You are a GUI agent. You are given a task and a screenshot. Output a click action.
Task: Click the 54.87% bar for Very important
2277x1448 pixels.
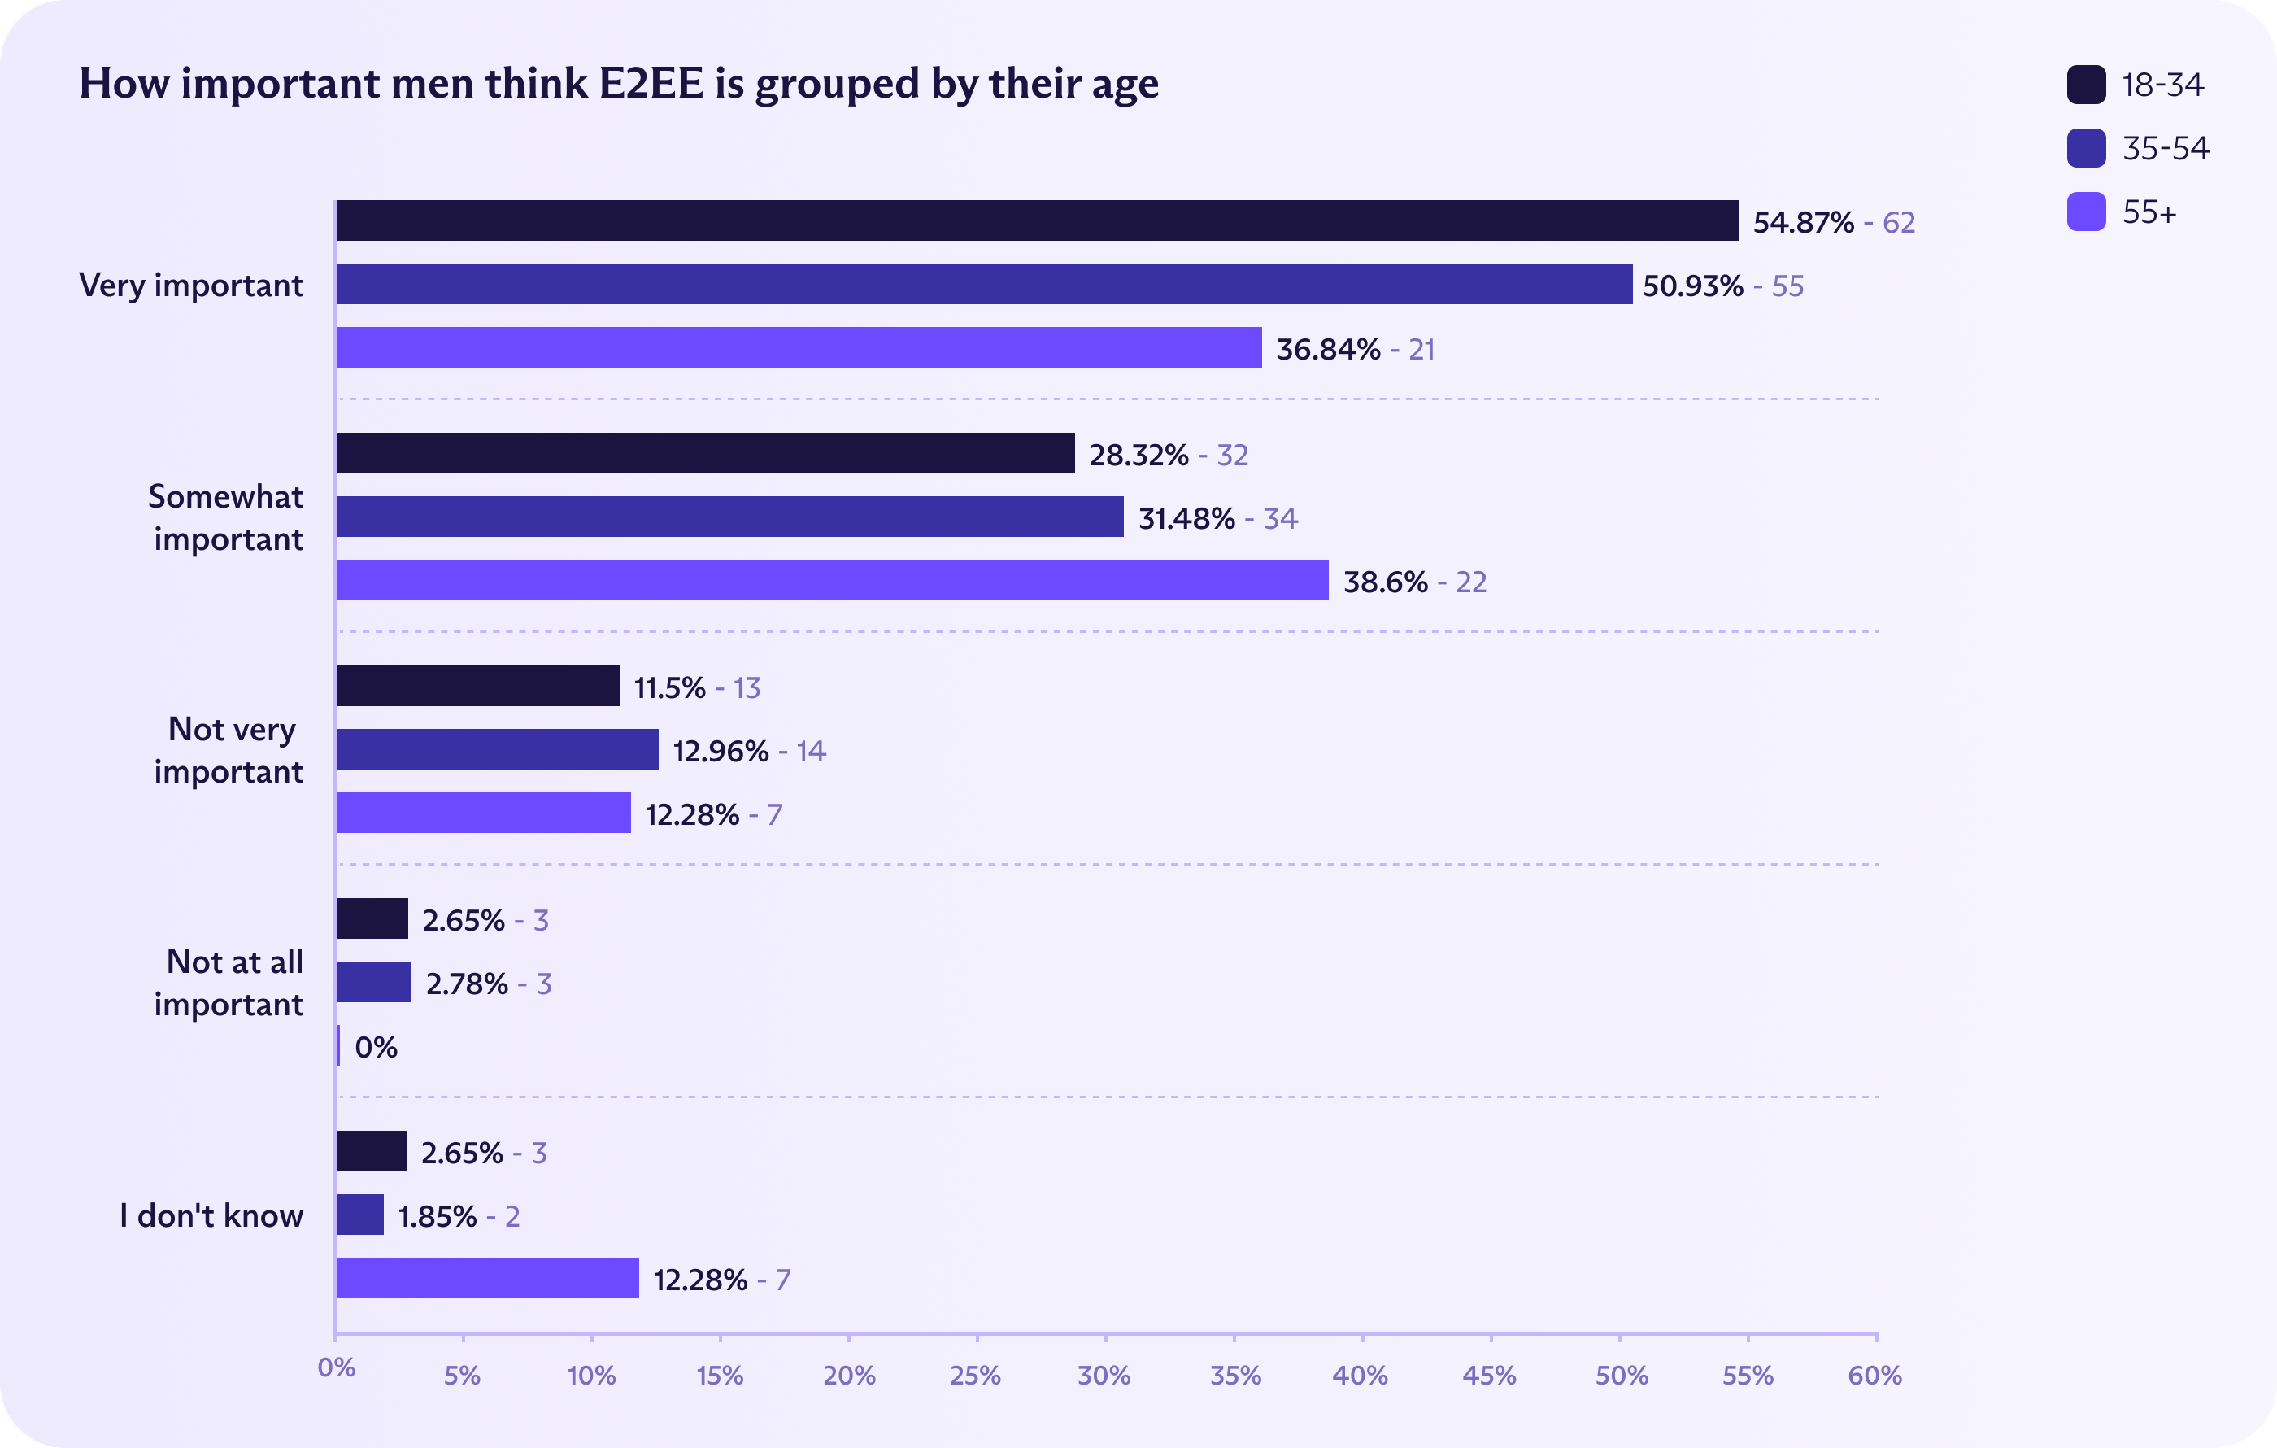pos(1036,220)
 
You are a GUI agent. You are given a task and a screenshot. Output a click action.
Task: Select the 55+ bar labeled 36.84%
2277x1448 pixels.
pos(799,347)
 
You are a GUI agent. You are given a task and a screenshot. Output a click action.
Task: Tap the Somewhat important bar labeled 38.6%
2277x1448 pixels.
pos(832,580)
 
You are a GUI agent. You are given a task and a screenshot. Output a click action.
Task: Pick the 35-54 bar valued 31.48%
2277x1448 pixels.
pos(730,517)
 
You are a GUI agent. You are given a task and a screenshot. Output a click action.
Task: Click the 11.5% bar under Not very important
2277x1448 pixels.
pos(477,686)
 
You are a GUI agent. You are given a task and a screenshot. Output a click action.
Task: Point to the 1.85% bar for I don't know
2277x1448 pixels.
pos(360,1215)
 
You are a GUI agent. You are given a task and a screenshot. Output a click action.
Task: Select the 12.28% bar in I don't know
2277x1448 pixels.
pos(487,1278)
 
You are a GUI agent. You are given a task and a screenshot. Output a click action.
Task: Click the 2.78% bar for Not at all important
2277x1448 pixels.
pos(373,982)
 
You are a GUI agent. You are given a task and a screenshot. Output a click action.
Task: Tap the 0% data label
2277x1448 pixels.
pos(377,1047)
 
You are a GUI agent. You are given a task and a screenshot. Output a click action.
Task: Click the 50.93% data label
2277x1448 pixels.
pos(1692,286)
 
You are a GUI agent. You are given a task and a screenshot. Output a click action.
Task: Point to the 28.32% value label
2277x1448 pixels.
pos(1138,455)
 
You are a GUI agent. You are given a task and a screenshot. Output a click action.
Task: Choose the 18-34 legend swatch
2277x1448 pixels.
pos(2086,84)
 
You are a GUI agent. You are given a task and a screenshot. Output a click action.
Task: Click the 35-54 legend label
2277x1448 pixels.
pos(2166,149)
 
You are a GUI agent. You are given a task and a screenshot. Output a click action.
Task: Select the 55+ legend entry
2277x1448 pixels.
pos(2149,212)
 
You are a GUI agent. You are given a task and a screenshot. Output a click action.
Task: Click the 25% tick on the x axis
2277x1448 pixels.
pos(976,1375)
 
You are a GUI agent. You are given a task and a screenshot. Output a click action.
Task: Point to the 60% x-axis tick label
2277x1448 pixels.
pos(1874,1375)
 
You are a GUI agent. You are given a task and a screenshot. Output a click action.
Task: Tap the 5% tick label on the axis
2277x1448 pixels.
pos(463,1375)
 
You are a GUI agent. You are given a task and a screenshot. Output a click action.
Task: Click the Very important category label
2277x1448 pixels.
pos(191,285)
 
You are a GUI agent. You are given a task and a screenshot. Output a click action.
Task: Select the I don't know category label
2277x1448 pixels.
pos(211,1215)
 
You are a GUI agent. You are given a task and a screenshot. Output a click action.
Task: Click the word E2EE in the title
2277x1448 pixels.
pos(651,83)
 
